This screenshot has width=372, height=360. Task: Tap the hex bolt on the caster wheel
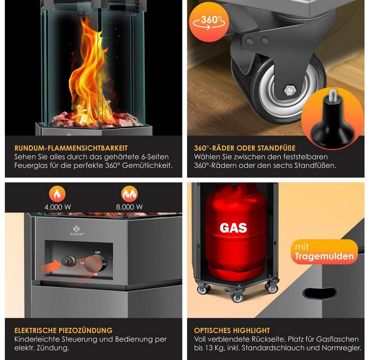click(x=290, y=90)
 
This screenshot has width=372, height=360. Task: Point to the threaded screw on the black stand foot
click(x=333, y=94)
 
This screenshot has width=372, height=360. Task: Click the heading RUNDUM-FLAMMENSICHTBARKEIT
click(x=71, y=148)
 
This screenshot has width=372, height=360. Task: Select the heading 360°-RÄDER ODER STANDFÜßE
click(x=245, y=148)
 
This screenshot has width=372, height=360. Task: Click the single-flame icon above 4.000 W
click(x=57, y=194)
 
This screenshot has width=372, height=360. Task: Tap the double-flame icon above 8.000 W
click(x=129, y=194)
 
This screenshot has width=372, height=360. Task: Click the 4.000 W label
click(x=58, y=207)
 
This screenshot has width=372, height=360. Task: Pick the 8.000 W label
click(x=129, y=207)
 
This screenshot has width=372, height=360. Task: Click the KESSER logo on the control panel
click(x=77, y=231)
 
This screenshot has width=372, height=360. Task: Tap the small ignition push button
click(x=68, y=261)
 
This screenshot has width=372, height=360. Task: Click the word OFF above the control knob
click(x=97, y=252)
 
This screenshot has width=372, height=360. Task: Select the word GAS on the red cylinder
click(x=233, y=228)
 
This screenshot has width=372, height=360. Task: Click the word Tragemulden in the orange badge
click(x=324, y=256)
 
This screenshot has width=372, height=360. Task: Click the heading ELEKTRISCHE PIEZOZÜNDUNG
click(x=64, y=330)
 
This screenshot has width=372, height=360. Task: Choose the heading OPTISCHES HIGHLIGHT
click(x=232, y=330)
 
